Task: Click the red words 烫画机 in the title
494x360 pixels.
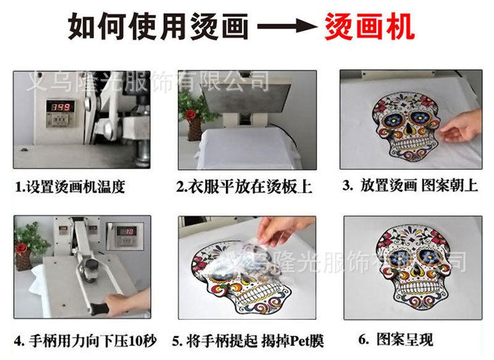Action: pos(369,27)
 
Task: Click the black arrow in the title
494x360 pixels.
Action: pos(287,27)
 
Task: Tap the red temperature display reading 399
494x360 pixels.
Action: pos(61,107)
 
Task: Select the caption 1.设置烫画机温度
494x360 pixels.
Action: pos(70,186)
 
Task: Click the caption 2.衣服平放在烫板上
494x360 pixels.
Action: pos(244,186)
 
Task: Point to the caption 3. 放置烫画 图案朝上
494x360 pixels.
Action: pos(410,185)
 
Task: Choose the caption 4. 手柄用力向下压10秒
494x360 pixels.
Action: pos(85,341)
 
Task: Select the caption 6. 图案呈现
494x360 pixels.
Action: pos(396,339)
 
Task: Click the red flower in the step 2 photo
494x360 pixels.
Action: pos(190,114)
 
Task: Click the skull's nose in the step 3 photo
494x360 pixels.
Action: pos(409,129)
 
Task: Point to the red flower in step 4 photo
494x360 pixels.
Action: pos(22,248)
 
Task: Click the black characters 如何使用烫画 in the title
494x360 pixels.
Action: pos(158,27)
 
